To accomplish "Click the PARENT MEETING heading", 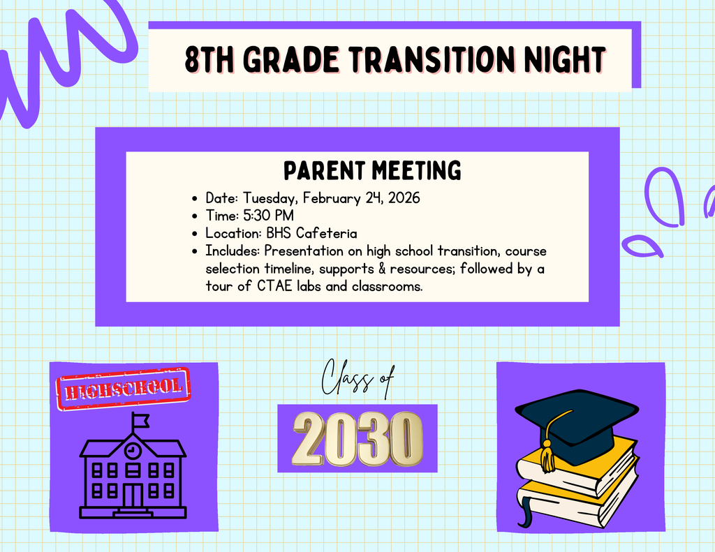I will click(372, 170).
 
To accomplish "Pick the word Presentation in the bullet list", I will click(304, 251).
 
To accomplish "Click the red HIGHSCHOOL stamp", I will click(124, 387).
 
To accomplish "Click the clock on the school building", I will click(132, 451).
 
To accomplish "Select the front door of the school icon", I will click(132, 496).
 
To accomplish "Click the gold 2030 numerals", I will click(357, 438).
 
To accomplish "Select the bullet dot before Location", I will click(195, 234).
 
